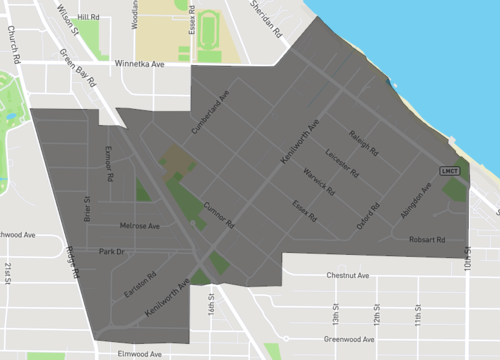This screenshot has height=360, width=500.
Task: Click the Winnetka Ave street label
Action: coord(150,58)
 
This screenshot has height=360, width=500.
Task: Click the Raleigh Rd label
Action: coord(362,144)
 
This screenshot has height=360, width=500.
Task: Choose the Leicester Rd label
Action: coord(343,162)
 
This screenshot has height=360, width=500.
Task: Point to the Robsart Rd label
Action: coord(429,240)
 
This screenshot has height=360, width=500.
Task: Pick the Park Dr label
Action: coord(111,252)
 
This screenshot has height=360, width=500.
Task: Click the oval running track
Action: coord(208,29)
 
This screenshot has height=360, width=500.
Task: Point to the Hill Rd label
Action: coord(88,17)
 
